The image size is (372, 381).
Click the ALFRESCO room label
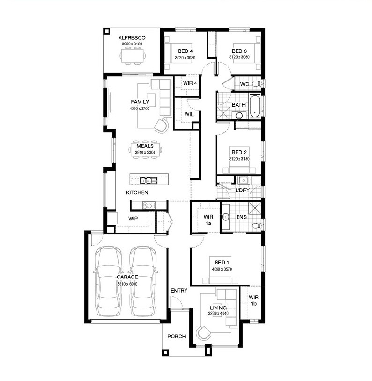(132, 37)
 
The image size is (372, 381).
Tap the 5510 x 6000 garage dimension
(127, 284)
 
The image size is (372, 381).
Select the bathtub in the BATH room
(255, 106)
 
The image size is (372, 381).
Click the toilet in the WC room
(256, 84)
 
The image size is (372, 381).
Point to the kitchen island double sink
(149, 181)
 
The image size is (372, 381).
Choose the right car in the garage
(143, 281)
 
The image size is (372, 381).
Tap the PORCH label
(176, 337)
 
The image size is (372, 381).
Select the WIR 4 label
(190, 83)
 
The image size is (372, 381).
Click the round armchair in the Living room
(203, 333)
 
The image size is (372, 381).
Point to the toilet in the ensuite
(257, 226)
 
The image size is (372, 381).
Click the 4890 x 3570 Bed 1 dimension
(222, 269)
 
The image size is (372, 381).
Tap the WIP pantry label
(133, 219)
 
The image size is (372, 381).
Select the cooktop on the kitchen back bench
(149, 205)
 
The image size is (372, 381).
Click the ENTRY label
(179, 291)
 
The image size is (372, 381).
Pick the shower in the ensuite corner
(255, 208)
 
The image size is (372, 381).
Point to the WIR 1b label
(253, 300)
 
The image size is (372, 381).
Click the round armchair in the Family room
(161, 125)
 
